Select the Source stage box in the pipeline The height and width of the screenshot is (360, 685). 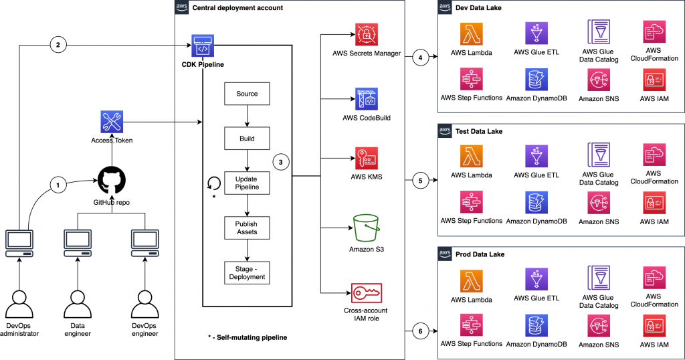[247, 94]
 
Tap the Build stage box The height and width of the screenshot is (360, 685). [247, 139]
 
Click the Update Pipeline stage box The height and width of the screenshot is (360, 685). [247, 183]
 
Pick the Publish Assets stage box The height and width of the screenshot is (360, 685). [247, 228]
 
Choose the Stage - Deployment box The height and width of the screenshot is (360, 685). [247, 272]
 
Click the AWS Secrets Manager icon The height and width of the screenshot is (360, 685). [367, 33]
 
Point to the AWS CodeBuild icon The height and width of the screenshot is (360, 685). [367, 99]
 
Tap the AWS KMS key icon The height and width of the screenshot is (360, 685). [367, 158]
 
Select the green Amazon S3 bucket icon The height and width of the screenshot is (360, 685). [367, 228]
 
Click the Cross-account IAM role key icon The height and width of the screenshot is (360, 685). [367, 292]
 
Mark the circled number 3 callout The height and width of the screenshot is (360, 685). [282, 162]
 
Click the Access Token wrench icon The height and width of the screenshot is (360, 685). [112, 122]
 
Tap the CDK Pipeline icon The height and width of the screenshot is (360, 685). [202, 45]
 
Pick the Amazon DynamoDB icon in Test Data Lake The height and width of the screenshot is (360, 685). [533, 203]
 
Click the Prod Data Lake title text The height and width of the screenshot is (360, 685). [480, 255]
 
